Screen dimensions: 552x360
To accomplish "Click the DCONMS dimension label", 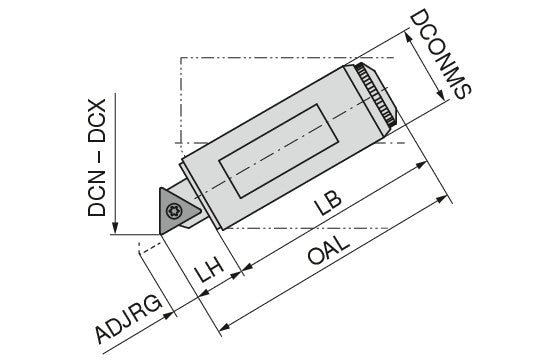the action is [x=440, y=55].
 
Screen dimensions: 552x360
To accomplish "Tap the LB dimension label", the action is [x=328, y=203].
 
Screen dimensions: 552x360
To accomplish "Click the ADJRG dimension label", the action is [x=129, y=320].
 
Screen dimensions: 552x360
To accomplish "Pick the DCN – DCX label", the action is [x=97, y=157].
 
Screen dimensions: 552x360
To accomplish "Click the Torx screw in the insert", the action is [x=174, y=211].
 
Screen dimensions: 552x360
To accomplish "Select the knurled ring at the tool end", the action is [x=376, y=95].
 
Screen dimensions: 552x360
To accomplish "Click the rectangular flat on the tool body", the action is [x=279, y=151].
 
